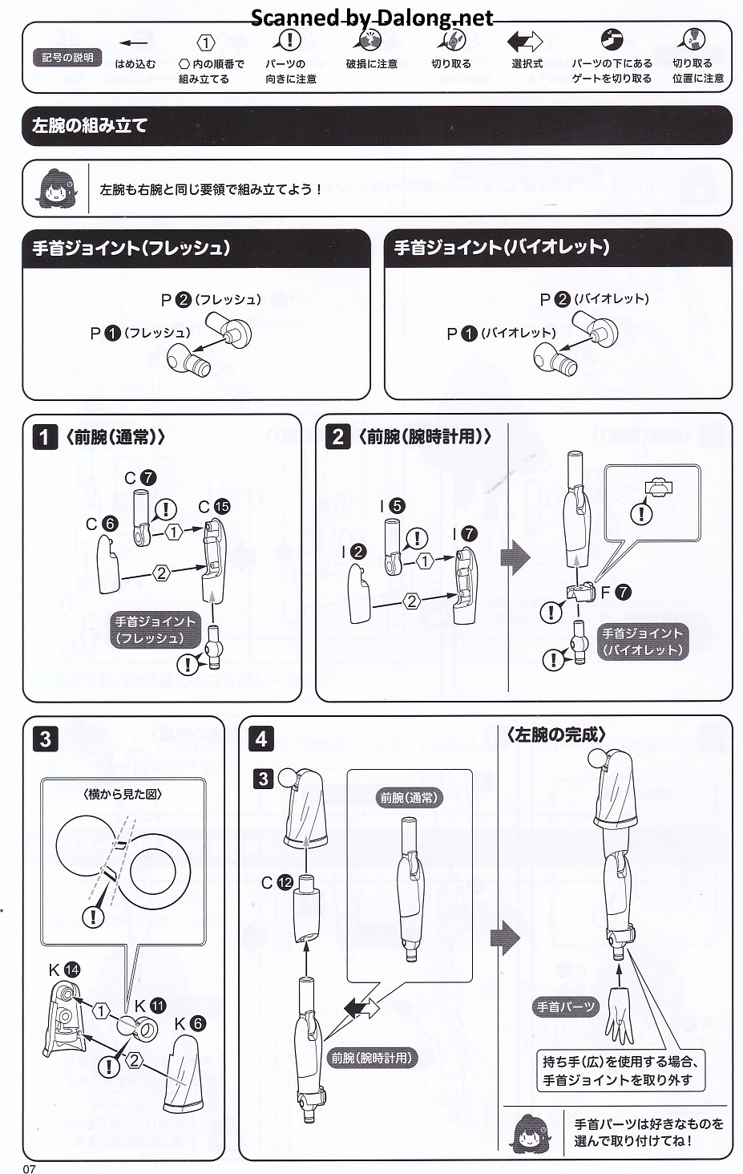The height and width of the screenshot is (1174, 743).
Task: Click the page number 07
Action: point(29,1168)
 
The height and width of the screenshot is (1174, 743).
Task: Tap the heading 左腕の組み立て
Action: point(90,126)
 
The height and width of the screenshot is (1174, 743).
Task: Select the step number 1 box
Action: point(45,437)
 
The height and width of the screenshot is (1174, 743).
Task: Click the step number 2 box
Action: point(338,436)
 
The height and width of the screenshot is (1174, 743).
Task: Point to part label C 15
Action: point(214,506)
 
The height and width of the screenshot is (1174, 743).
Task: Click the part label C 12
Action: point(277,883)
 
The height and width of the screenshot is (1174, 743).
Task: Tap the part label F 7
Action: point(616,593)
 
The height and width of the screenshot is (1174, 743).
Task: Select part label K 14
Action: point(64,970)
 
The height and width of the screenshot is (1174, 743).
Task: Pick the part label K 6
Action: point(190,1023)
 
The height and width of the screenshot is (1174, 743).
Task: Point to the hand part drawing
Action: point(620,1015)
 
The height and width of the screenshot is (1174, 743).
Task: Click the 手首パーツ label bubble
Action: point(566,1006)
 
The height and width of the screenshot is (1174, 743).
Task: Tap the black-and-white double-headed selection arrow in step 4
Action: point(362,1008)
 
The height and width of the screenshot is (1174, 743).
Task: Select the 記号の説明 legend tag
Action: point(67,57)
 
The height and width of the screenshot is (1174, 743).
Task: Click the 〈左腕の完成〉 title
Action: point(556,735)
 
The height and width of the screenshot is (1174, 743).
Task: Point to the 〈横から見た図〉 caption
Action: point(123,795)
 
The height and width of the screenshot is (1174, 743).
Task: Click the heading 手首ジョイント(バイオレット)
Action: point(502,247)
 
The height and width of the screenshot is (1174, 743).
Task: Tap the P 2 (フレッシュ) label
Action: point(211,300)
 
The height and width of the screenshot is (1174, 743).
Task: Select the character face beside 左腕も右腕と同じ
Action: point(59,188)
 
